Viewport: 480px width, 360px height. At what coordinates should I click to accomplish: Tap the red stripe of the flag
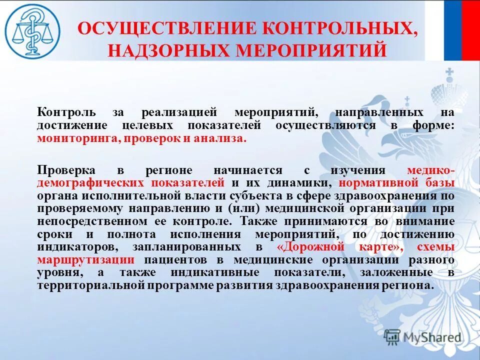click(471, 30)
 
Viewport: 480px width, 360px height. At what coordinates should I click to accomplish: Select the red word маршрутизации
click(85, 260)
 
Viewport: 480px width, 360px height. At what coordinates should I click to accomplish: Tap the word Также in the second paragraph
click(258, 221)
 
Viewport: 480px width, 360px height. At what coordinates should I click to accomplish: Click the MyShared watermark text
click(432, 337)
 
